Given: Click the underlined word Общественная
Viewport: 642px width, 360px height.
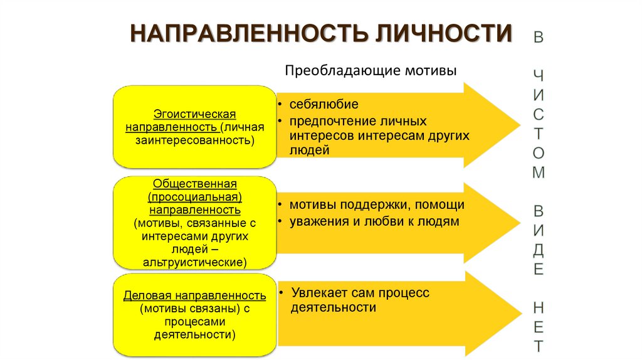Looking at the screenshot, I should click(194, 184).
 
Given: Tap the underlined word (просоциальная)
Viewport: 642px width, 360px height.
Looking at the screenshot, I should click(194, 196).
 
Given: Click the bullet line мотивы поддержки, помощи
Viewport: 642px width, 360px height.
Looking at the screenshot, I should click(376, 205).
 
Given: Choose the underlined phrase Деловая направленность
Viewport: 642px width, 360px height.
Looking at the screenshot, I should click(194, 295).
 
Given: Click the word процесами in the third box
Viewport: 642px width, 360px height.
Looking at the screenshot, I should click(194, 322).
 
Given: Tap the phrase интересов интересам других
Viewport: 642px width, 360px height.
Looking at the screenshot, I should click(379, 135).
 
